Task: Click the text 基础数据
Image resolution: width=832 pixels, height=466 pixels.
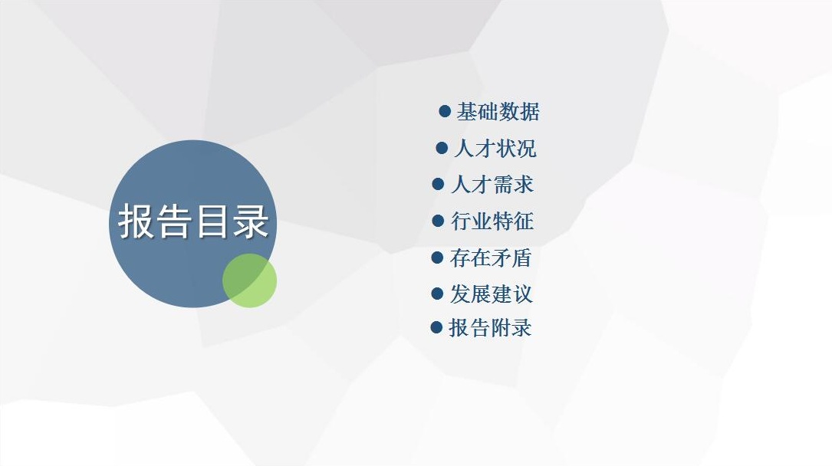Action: click(x=498, y=112)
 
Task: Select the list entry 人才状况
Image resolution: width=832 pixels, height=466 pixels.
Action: click(x=495, y=149)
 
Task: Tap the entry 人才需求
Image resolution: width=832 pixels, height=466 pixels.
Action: click(x=492, y=185)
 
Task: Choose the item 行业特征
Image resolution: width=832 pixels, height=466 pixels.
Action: click(x=492, y=221)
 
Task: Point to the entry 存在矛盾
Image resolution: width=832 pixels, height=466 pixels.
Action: click(x=491, y=258)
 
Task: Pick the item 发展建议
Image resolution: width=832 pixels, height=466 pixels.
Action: click(x=491, y=294)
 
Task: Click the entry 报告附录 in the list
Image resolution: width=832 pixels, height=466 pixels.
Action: click(x=490, y=327)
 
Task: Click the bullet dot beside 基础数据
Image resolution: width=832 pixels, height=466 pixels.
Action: click(x=445, y=111)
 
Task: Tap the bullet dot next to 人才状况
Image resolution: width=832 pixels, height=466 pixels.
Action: click(x=442, y=148)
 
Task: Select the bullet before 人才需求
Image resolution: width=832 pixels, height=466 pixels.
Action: click(x=438, y=184)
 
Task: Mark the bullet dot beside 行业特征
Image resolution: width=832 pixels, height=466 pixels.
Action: click(x=438, y=221)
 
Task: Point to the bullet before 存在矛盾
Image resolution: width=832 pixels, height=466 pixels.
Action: click(x=437, y=258)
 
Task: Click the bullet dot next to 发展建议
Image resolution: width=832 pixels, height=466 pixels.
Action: click(x=437, y=294)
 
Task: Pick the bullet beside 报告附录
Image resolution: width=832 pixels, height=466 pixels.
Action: click(x=436, y=327)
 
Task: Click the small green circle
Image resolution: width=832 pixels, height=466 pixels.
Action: click(x=249, y=281)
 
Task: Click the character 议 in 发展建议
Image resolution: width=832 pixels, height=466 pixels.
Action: click(x=522, y=294)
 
